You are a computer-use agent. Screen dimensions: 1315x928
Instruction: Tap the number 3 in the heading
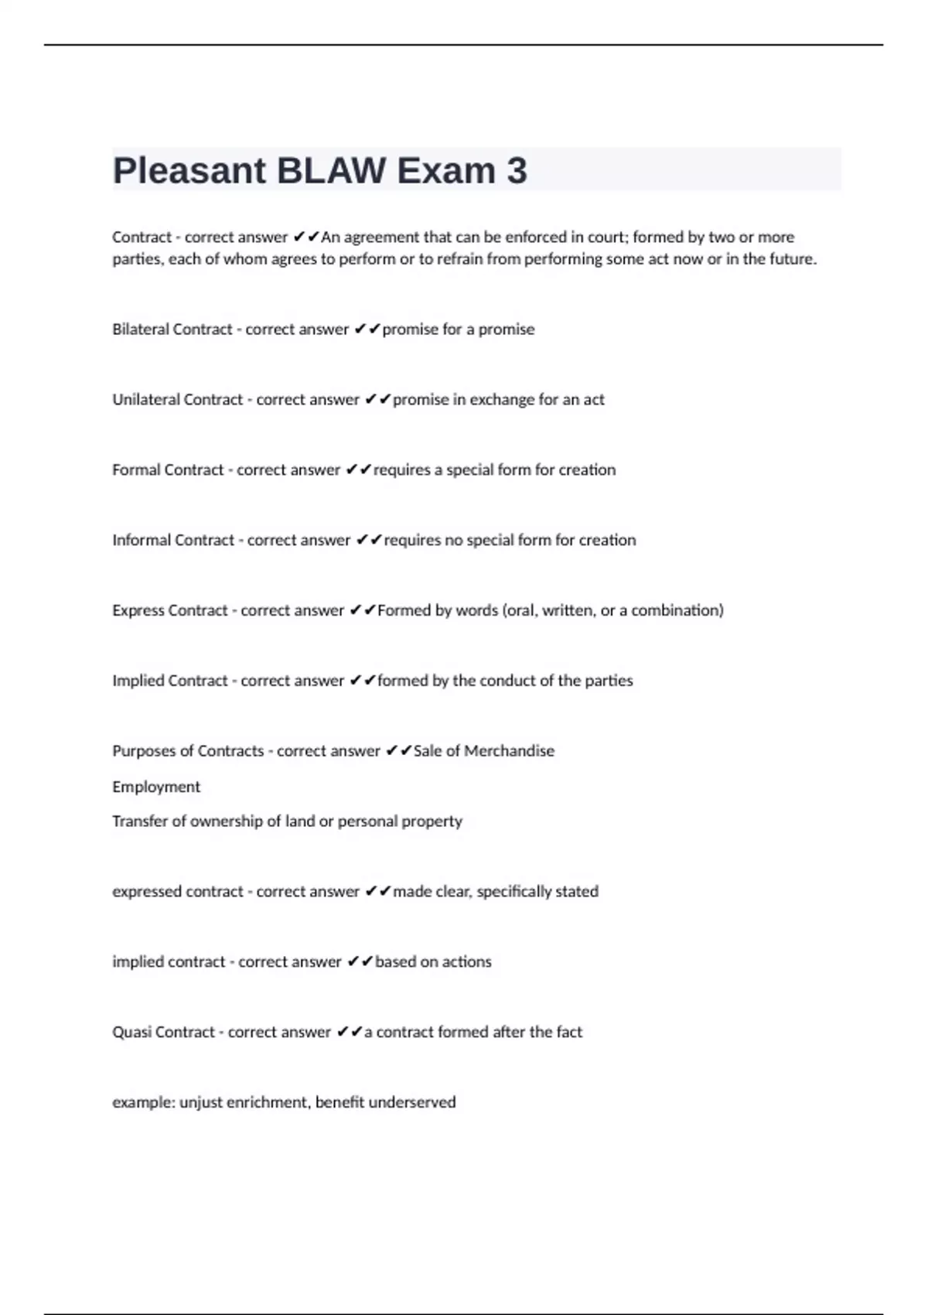[x=517, y=171]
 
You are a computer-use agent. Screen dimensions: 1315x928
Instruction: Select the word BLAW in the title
[x=331, y=171]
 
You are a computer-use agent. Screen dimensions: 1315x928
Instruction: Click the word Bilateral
[x=140, y=330]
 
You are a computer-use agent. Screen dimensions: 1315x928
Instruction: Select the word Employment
[x=156, y=787]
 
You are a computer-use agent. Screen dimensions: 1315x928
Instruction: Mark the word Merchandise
[x=509, y=751]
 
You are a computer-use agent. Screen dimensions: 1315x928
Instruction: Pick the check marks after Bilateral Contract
[x=367, y=330]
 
